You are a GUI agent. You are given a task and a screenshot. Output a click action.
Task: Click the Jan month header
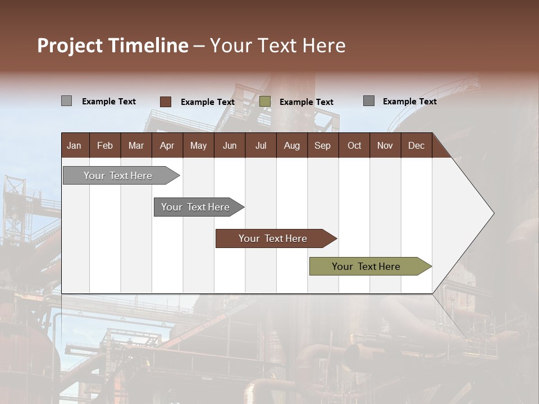click(x=74, y=146)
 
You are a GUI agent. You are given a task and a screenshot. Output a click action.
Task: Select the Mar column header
click(x=136, y=146)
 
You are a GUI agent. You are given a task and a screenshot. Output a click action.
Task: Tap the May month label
click(x=198, y=146)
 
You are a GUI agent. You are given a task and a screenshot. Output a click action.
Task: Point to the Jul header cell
click(x=261, y=146)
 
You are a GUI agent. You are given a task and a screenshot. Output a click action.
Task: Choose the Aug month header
click(x=291, y=146)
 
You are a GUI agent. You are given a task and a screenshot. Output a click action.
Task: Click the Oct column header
click(x=354, y=146)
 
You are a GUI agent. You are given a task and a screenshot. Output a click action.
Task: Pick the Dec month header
click(x=416, y=146)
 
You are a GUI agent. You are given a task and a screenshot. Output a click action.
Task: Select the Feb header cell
click(x=105, y=146)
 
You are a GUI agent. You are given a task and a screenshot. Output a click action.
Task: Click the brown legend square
click(x=166, y=102)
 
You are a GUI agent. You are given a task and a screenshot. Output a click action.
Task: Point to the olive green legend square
click(x=265, y=102)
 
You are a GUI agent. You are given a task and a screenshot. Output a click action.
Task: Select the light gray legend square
click(x=66, y=101)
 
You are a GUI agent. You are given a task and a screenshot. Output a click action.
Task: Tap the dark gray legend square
click(x=369, y=101)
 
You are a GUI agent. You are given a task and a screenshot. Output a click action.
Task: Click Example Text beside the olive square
click(x=306, y=102)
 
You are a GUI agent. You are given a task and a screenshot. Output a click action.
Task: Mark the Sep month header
click(x=322, y=146)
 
